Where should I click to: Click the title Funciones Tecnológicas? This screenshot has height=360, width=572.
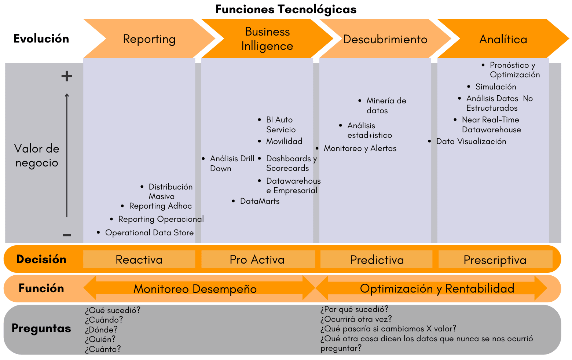[286, 9]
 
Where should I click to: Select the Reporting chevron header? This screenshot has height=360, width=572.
[149, 39]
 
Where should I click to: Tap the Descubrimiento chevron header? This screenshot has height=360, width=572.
[385, 39]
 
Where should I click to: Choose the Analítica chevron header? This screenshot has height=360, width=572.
[503, 39]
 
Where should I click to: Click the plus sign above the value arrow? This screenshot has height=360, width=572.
[67, 76]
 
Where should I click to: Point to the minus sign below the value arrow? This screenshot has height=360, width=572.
[67, 235]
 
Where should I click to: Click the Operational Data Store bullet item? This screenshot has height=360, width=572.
[149, 233]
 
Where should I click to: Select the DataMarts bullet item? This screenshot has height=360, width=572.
[260, 201]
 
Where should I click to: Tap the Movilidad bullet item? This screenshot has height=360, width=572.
[284, 142]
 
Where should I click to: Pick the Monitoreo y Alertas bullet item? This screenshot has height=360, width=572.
[360, 148]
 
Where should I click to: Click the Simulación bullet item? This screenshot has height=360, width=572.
[495, 87]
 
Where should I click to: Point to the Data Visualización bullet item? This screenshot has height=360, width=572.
[471, 142]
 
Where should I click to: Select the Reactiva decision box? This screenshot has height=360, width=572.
[139, 260]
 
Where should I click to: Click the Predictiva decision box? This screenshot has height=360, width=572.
[377, 260]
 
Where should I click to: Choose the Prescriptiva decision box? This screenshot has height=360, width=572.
[495, 260]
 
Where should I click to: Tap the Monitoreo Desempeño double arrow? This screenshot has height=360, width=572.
[195, 289]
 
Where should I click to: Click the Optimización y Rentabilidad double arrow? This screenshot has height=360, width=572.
[437, 289]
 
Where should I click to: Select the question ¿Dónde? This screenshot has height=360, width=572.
[101, 330]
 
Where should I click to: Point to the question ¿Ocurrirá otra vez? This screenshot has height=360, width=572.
[356, 319]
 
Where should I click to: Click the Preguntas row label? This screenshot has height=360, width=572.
[41, 328]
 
